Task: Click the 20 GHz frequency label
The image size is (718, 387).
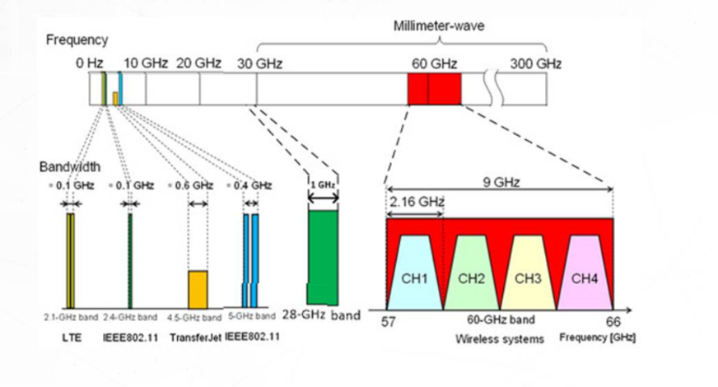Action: tap(198, 63)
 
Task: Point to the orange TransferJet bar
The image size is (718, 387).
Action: tap(198, 288)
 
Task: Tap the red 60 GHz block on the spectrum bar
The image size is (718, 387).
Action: tap(434, 88)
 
